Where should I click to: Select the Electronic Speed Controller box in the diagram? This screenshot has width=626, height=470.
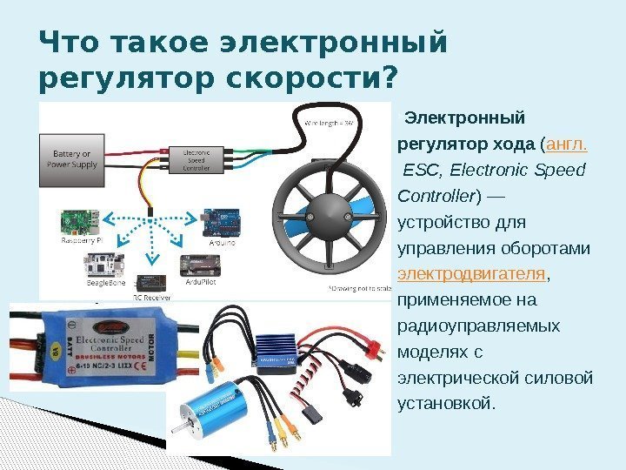click(x=206, y=159)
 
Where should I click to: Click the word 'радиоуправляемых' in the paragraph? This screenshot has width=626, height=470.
click(x=478, y=326)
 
